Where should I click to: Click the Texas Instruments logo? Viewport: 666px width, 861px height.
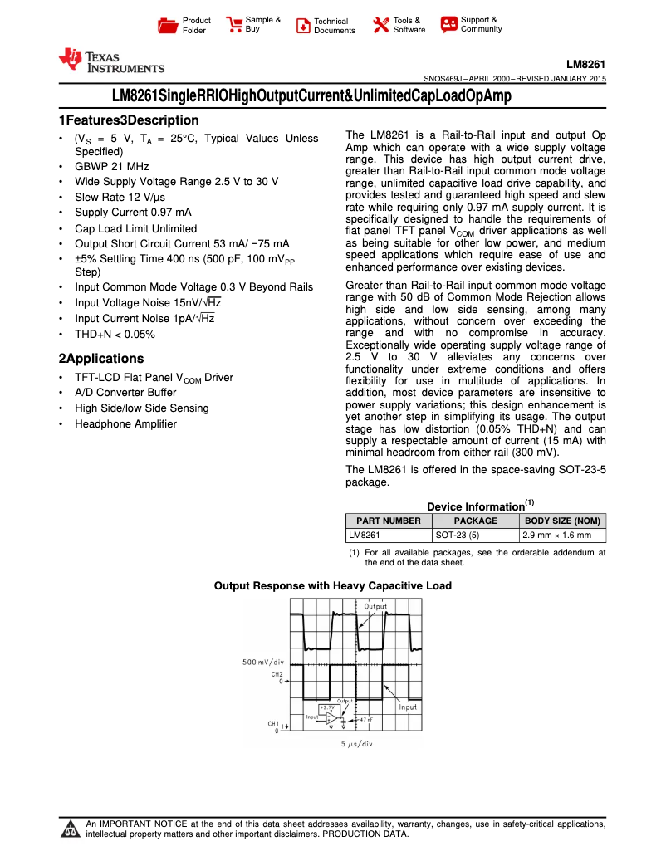tap(110, 61)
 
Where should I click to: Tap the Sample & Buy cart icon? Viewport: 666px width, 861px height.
tap(235, 24)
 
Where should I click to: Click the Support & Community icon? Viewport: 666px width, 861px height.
tap(449, 24)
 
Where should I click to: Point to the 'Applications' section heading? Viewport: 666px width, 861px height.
tap(100, 359)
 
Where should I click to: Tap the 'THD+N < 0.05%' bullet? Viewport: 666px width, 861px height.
tap(115, 335)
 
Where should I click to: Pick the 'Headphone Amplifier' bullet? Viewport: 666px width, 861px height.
tap(125, 423)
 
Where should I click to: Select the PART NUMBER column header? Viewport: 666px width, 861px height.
tap(389, 521)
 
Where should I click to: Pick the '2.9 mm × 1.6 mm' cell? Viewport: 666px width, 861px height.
tap(556, 536)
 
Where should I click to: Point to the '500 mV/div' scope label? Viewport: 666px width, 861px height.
tap(263, 662)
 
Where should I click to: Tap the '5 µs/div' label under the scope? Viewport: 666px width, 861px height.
tap(358, 743)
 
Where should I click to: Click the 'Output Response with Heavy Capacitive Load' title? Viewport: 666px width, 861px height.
tap(333, 585)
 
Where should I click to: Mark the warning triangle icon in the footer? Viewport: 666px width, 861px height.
tap(70, 829)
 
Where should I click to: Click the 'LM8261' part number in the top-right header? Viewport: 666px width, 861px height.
tap(586, 64)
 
